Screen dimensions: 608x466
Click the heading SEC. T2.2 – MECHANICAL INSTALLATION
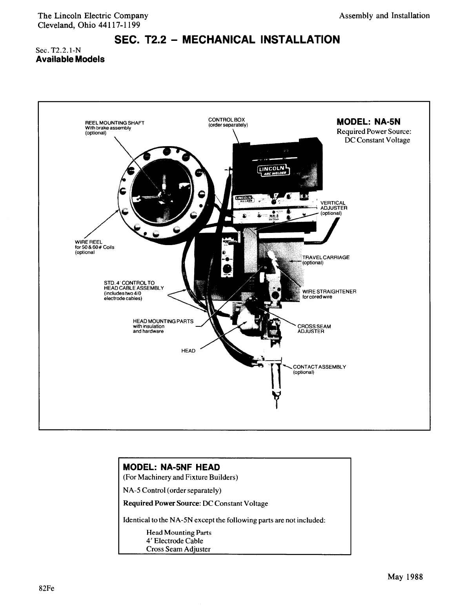pos(227,40)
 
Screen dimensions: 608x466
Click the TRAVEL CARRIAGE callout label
pos(326,258)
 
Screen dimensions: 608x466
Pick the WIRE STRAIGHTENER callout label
pos(329,292)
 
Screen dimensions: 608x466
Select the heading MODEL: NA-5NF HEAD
pos(171,467)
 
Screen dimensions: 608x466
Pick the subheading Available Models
pos(70,60)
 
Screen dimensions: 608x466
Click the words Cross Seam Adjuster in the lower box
pos(178,549)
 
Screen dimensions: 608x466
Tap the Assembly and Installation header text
pos(384,16)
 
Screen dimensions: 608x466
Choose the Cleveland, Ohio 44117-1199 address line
pos(89,25)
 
